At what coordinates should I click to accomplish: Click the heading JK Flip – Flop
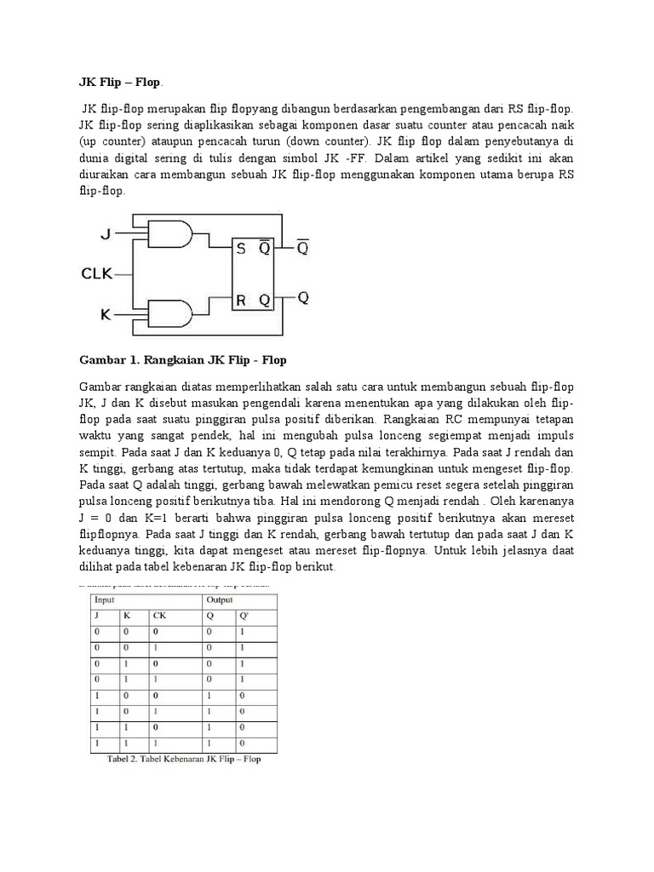[x=119, y=83]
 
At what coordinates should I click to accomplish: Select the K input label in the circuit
[x=106, y=314]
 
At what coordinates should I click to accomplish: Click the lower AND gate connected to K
[x=169, y=314]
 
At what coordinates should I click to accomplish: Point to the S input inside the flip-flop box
[x=241, y=249]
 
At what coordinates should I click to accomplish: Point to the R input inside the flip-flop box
[x=241, y=299]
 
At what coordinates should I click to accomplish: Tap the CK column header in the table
[x=160, y=615]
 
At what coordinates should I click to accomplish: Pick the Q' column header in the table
[x=244, y=615]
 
